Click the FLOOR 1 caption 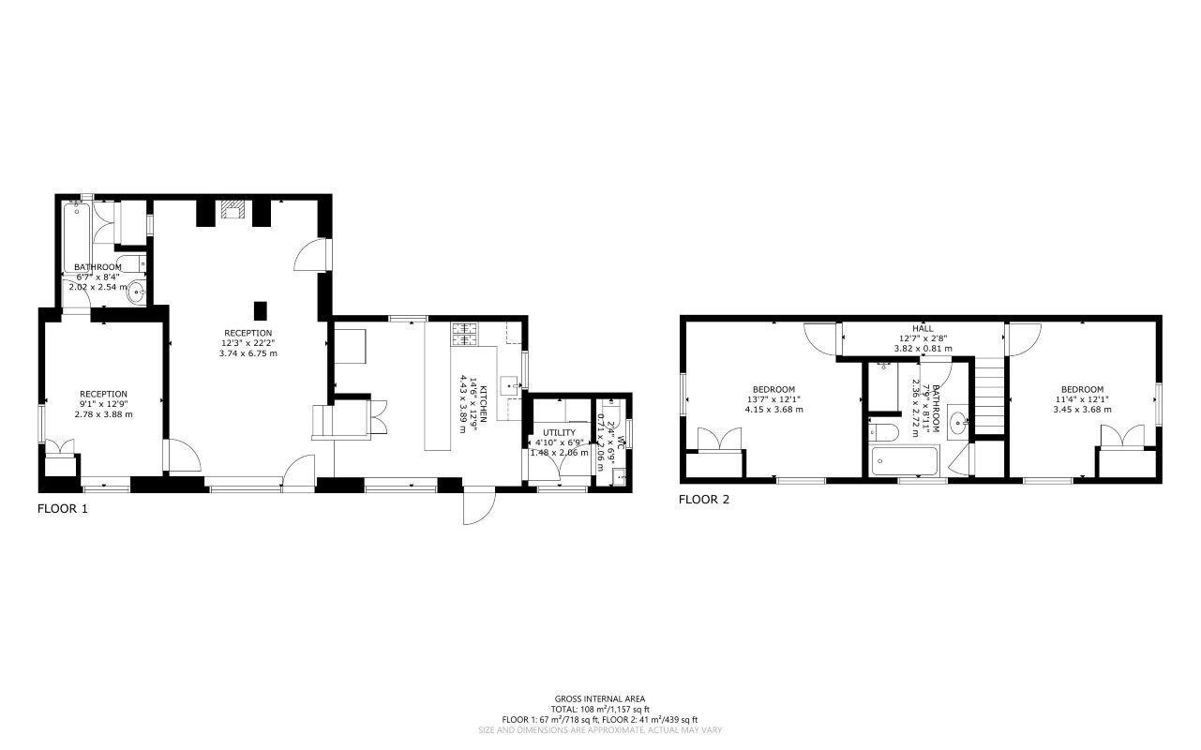coord(62,509)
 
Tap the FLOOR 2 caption coord(703,500)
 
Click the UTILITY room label coord(558,432)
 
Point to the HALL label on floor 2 coord(923,329)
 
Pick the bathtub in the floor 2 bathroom coord(905,462)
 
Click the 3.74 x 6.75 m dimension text coord(248,353)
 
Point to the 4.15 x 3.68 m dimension coord(773,409)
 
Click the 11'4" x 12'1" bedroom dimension coord(1082,399)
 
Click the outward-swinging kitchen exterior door coord(476,507)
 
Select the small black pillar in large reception coord(261,311)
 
